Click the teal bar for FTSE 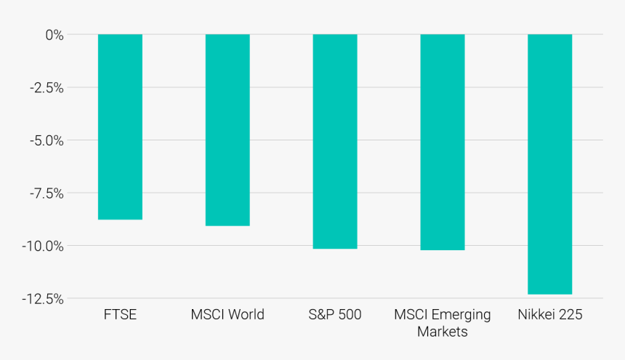(x=120, y=127)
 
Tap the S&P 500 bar (x=335, y=141)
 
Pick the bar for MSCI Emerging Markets (x=443, y=142)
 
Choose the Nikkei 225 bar (x=549, y=164)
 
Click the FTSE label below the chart (x=121, y=315)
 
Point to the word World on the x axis (x=246, y=315)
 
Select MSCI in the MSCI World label (x=208, y=315)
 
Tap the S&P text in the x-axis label (x=320, y=315)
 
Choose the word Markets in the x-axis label (x=443, y=332)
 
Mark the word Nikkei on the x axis (x=537, y=315)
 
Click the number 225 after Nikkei (x=571, y=315)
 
